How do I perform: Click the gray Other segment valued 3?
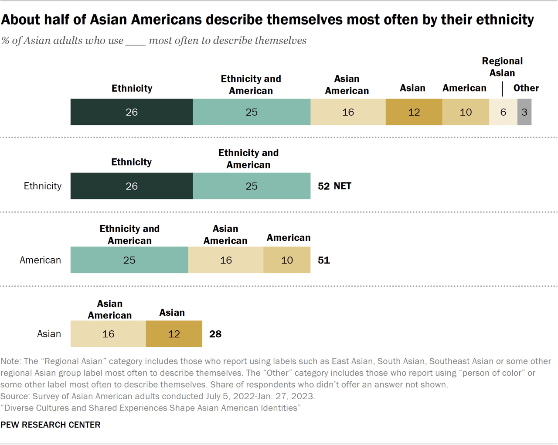point(524,112)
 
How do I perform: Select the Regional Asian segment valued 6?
point(503,112)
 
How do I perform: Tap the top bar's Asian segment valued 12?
point(414,112)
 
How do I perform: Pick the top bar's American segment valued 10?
point(466,112)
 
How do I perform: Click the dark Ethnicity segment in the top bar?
point(132,112)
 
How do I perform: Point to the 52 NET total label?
point(334,186)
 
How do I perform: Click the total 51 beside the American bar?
point(324,260)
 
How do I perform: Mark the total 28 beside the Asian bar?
point(215,334)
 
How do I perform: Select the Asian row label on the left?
point(49,334)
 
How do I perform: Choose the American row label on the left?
point(40,260)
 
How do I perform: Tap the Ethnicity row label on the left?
point(42,186)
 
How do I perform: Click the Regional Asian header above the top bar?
point(502,67)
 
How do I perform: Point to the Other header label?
point(526,88)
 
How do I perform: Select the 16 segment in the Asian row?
point(108,334)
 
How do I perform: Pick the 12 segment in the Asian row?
point(174,334)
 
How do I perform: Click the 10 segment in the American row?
point(287,260)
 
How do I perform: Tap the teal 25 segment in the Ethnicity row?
point(252,186)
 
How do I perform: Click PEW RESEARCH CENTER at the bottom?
point(51,425)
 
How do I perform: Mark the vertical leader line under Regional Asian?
point(502,89)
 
